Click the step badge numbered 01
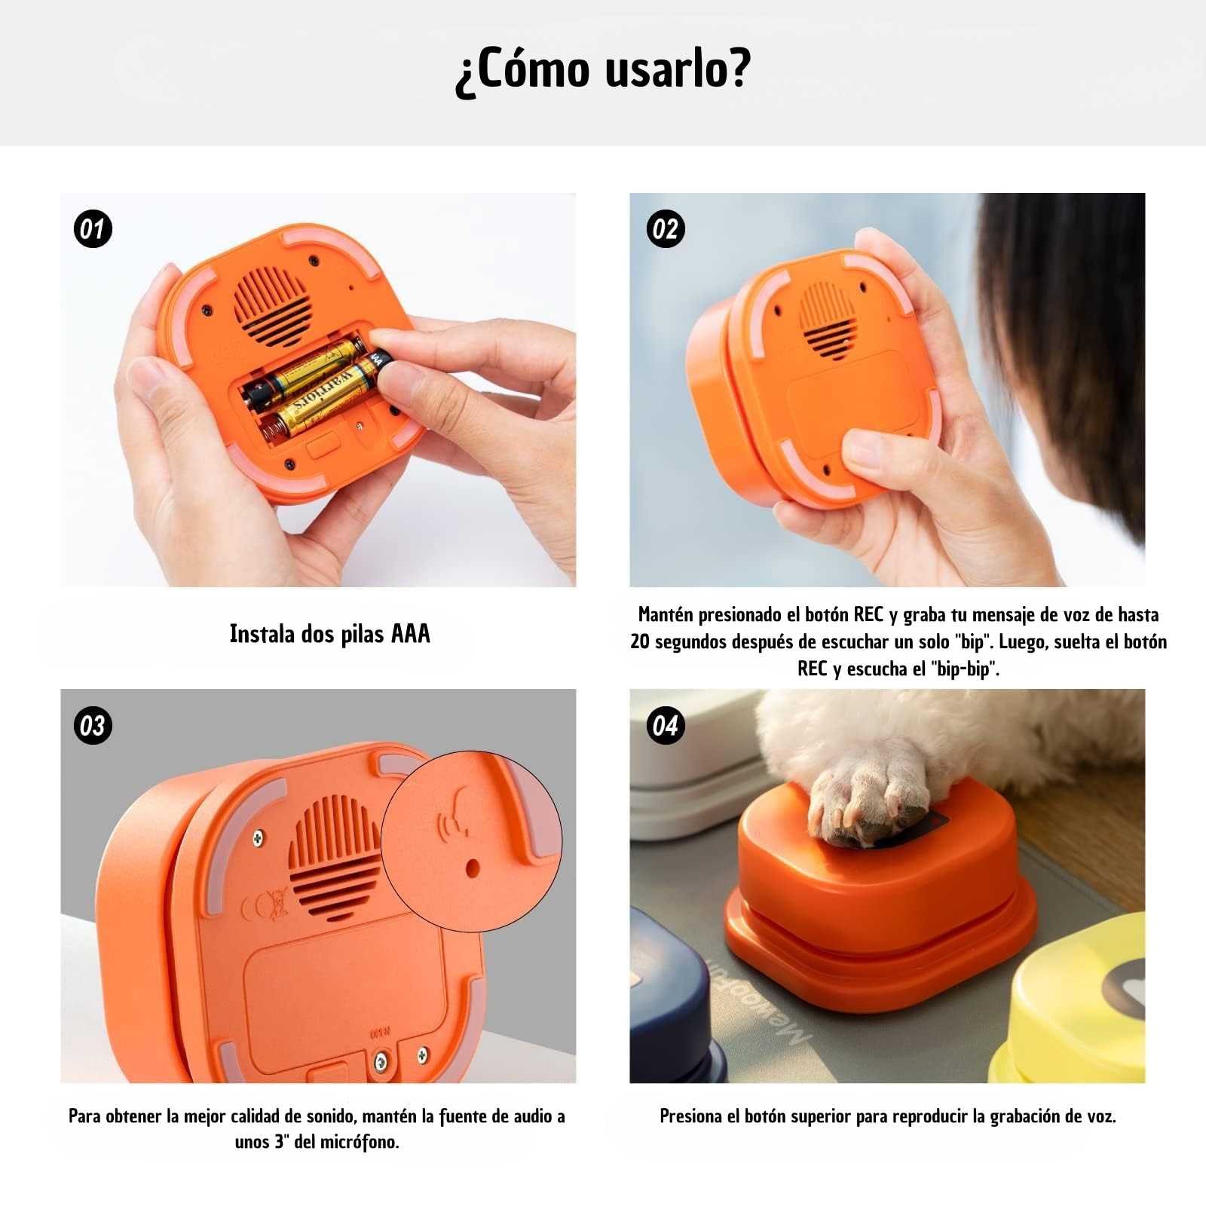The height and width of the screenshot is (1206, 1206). point(93,229)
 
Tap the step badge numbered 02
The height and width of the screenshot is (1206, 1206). point(666,229)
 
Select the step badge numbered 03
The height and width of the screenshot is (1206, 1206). point(93,726)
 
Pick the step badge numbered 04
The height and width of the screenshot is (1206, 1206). point(666,726)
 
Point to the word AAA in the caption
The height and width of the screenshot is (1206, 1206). point(411,634)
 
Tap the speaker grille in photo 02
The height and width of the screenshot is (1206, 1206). point(827,320)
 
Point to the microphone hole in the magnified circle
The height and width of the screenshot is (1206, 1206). point(473,868)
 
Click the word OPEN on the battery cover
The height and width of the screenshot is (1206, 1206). point(380,1033)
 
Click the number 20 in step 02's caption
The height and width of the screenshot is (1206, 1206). point(641,642)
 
